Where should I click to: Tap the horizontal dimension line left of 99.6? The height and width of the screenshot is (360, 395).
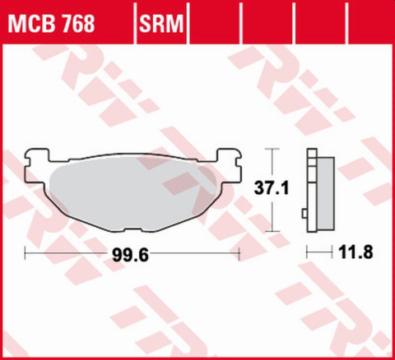coord(66,254)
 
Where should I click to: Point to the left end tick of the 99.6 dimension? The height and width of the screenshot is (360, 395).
coord(26,254)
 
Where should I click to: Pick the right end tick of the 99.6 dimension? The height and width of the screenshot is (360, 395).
coord(239,254)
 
